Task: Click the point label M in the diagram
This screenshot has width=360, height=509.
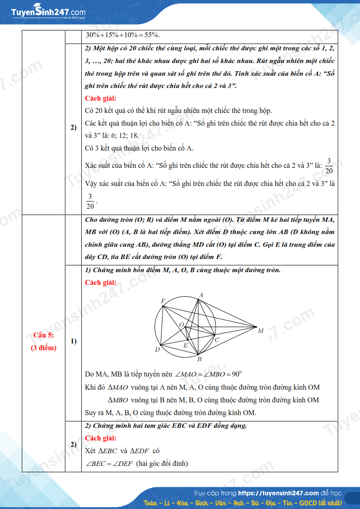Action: pyautogui.click(x=261, y=331)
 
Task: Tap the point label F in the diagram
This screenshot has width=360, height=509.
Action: pyautogui.click(x=163, y=301)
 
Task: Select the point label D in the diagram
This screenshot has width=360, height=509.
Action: pyautogui.click(x=158, y=349)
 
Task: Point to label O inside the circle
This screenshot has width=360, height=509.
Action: pyautogui.click(x=181, y=325)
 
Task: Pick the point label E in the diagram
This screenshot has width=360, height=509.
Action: pyautogui.click(x=185, y=346)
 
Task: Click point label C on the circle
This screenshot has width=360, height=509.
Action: pyautogui.click(x=217, y=340)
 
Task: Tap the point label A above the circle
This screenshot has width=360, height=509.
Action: pyautogui.click(x=201, y=295)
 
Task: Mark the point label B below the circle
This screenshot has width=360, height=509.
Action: pyautogui.click(x=199, y=359)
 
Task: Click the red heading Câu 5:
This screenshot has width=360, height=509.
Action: pyautogui.click(x=44, y=335)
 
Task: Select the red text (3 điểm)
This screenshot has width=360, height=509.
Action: pyautogui.click(x=44, y=348)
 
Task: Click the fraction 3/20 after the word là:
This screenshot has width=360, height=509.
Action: pyautogui.click(x=329, y=166)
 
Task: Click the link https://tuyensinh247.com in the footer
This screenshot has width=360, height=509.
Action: pyautogui.click(x=278, y=493)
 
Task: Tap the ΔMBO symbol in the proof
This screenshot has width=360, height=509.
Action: pyautogui.click(x=118, y=400)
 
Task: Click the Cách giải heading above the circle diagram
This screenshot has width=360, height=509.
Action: pyautogui.click(x=100, y=283)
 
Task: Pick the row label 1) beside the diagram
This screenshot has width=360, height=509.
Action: pyautogui.click(x=73, y=341)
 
